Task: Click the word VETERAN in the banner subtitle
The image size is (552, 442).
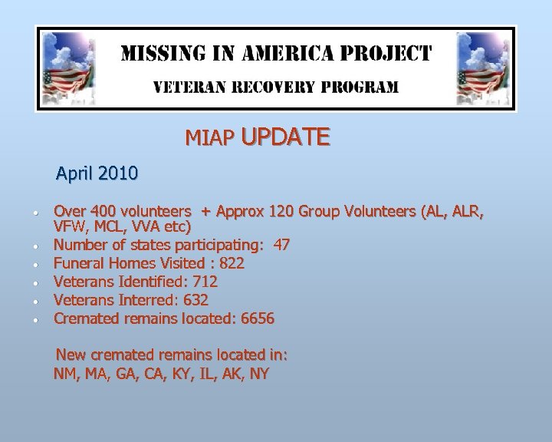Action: pyautogui.click(x=189, y=87)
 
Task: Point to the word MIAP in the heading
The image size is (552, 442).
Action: pyautogui.click(x=209, y=139)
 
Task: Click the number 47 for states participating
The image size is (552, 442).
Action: pyautogui.click(x=281, y=246)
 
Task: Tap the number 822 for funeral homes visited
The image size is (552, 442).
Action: pyautogui.click(x=232, y=264)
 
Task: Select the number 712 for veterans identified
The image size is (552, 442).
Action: pyautogui.click(x=205, y=282)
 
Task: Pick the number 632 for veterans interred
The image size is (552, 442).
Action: pyautogui.click(x=195, y=301)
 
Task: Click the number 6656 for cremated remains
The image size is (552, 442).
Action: pyautogui.click(x=257, y=318)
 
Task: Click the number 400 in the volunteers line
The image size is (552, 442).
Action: pyautogui.click(x=103, y=211)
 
